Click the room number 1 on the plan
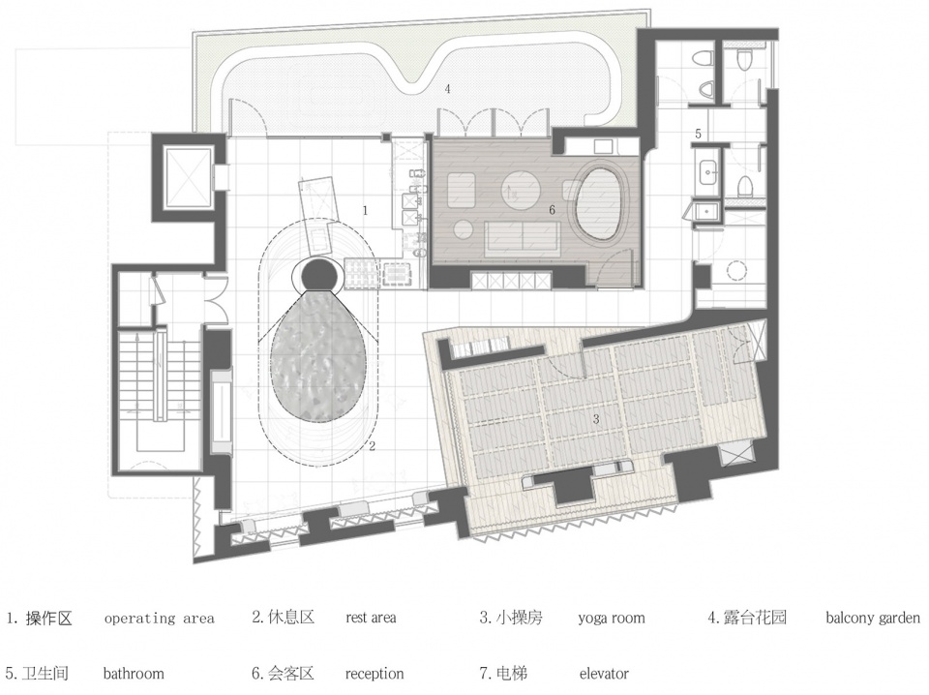click(366, 210)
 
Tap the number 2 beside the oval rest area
click(372, 446)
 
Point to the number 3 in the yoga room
click(596, 419)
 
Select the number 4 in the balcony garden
click(448, 89)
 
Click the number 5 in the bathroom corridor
click(698, 134)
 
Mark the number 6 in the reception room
click(553, 210)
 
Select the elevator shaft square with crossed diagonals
click(188, 178)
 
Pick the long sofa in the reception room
click(521, 237)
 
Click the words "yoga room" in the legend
click(612, 619)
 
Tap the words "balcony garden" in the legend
click(873, 619)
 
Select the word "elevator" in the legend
click(604, 674)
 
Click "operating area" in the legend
click(159, 619)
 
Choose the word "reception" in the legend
click(375, 675)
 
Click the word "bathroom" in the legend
click(134, 674)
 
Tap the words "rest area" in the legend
click(371, 618)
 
